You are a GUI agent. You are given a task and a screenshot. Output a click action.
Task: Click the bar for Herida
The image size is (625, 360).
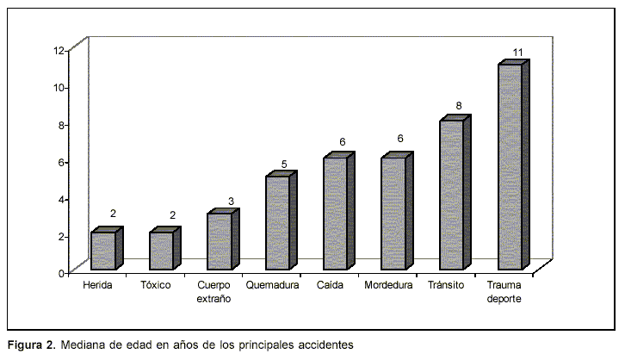pyautogui.click(x=103, y=251)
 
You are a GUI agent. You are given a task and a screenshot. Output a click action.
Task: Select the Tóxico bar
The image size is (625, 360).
pyautogui.click(x=161, y=251)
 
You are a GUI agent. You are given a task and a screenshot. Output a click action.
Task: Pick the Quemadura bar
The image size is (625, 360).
pyautogui.click(x=277, y=223)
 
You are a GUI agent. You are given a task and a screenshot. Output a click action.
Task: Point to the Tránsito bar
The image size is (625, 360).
pyautogui.click(x=452, y=196)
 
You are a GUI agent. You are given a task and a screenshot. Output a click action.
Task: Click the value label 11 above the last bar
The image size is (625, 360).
pyautogui.click(x=518, y=53)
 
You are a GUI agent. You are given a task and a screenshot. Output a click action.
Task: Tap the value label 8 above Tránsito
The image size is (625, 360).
pyautogui.click(x=459, y=106)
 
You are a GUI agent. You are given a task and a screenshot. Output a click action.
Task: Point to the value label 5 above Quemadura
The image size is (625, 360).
pyautogui.click(x=284, y=164)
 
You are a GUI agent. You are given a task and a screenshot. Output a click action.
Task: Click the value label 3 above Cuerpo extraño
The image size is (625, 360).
pyautogui.click(x=231, y=201)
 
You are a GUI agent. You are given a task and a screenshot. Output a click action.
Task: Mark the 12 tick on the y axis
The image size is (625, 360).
pyautogui.click(x=59, y=50)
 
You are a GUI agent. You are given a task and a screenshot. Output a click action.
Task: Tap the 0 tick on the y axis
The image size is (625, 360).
pyautogui.click(x=62, y=272)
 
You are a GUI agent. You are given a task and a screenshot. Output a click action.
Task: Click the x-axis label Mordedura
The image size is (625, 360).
pyautogui.click(x=388, y=284)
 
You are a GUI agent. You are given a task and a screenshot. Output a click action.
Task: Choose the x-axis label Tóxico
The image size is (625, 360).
pyautogui.click(x=155, y=284)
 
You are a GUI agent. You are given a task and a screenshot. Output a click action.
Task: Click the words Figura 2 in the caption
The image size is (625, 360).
pyautogui.click(x=31, y=344)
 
